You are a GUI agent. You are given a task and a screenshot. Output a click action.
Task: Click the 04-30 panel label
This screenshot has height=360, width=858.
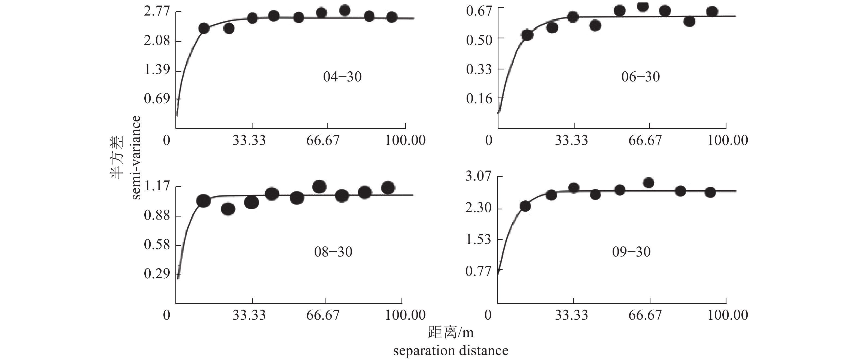(342, 77)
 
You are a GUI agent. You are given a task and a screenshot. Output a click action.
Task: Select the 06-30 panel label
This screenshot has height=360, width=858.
(640, 77)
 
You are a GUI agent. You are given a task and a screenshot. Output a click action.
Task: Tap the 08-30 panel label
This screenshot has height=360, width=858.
(333, 252)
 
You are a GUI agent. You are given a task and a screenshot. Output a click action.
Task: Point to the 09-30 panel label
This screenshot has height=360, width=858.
(631, 252)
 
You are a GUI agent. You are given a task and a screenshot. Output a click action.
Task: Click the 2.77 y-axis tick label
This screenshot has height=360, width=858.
(157, 12)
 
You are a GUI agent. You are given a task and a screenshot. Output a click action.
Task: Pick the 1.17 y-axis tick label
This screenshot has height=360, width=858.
(157, 187)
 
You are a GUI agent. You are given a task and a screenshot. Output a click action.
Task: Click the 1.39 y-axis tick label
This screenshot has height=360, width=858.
(157, 70)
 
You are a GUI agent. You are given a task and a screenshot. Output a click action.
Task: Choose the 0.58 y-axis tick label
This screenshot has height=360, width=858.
(157, 245)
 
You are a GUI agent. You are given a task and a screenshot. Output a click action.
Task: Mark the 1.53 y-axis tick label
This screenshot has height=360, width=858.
(478, 239)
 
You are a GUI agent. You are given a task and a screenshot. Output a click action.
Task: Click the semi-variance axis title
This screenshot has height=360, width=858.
(136, 157)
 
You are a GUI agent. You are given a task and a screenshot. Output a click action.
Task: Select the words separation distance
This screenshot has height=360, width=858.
(451, 351)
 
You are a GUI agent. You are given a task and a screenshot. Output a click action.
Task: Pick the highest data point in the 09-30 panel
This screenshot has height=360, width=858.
(648, 183)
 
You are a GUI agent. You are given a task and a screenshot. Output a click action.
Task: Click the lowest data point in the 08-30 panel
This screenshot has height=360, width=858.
(228, 209)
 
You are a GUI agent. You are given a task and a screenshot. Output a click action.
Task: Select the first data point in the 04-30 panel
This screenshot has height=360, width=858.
(203, 29)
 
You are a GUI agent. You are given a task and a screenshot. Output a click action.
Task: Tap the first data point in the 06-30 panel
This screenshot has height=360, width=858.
(527, 35)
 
